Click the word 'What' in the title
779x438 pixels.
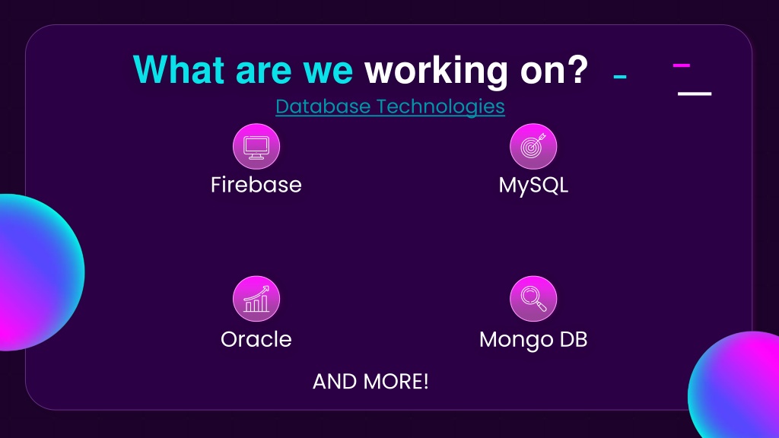point(179,69)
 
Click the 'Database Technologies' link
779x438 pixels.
point(390,106)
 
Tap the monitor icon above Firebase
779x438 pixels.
point(256,147)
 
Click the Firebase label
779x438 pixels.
point(256,185)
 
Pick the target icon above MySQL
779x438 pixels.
point(533,147)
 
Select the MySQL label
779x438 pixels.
point(533,186)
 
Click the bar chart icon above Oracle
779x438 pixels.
point(256,299)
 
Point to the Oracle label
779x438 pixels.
point(256,340)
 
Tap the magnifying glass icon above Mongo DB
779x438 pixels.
point(533,299)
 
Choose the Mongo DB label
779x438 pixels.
point(533,340)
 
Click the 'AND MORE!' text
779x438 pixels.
point(370,382)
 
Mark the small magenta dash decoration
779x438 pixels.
point(682,65)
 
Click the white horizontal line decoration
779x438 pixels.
point(695,94)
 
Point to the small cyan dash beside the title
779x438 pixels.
point(620,77)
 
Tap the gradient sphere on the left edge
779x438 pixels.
point(40,272)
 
